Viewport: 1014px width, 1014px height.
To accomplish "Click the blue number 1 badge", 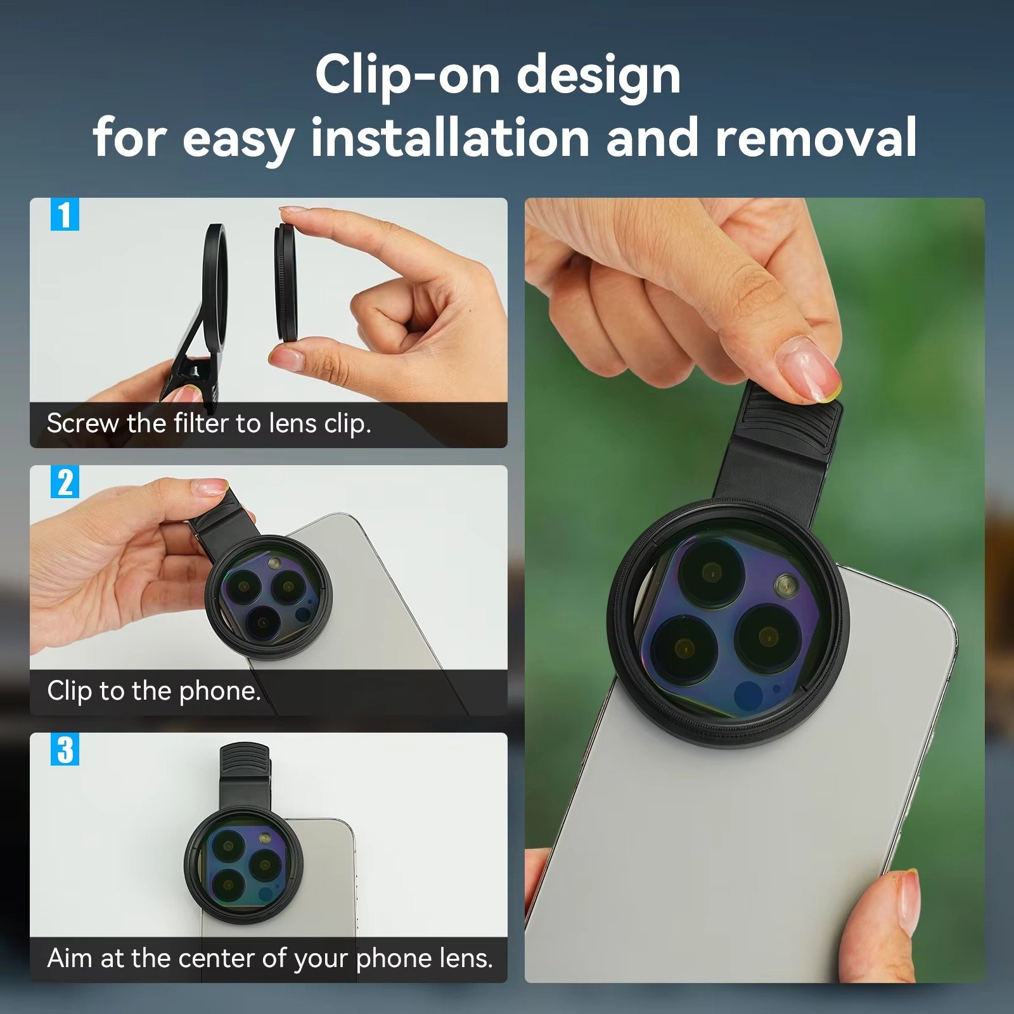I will click(x=65, y=215).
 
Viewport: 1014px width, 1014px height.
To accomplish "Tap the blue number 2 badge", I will click(x=65, y=482).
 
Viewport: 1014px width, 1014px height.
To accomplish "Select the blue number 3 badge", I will click(x=65, y=750).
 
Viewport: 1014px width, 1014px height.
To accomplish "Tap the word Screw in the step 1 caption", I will click(x=82, y=423).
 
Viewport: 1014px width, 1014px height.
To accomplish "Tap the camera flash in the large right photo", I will click(x=786, y=584).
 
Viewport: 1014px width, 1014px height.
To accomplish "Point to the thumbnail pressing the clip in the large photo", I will click(x=809, y=368).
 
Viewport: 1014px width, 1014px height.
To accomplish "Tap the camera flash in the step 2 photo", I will click(x=274, y=563).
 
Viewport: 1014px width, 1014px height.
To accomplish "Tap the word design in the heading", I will click(x=598, y=75).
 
